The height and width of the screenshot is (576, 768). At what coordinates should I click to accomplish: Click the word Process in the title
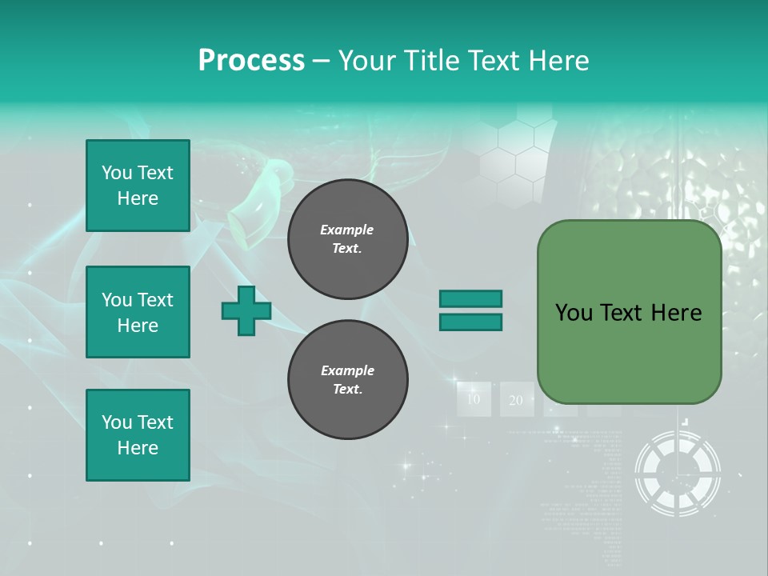pyautogui.click(x=251, y=61)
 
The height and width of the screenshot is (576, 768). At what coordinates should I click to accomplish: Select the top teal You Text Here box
pyautogui.click(x=138, y=186)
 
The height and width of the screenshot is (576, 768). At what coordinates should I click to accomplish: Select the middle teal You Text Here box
pyautogui.click(x=138, y=312)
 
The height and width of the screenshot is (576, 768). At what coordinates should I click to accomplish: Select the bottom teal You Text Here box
pyautogui.click(x=138, y=435)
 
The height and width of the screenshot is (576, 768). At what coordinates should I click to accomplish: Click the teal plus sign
pyautogui.click(x=246, y=311)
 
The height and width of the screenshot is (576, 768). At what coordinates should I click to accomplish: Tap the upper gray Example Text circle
pyautogui.click(x=347, y=239)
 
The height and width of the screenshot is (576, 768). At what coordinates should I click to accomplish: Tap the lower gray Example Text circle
pyautogui.click(x=347, y=380)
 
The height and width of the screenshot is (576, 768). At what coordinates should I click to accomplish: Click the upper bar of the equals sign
pyautogui.click(x=470, y=298)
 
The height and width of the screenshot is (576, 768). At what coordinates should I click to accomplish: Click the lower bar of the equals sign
pyautogui.click(x=470, y=322)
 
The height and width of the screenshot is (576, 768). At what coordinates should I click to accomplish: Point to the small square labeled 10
pyautogui.click(x=474, y=399)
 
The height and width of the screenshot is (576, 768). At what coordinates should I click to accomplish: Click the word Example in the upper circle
pyautogui.click(x=347, y=230)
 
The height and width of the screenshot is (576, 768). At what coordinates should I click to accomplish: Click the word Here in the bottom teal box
pyautogui.click(x=138, y=448)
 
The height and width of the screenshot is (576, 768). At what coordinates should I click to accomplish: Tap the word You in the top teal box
pyautogui.click(x=117, y=173)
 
